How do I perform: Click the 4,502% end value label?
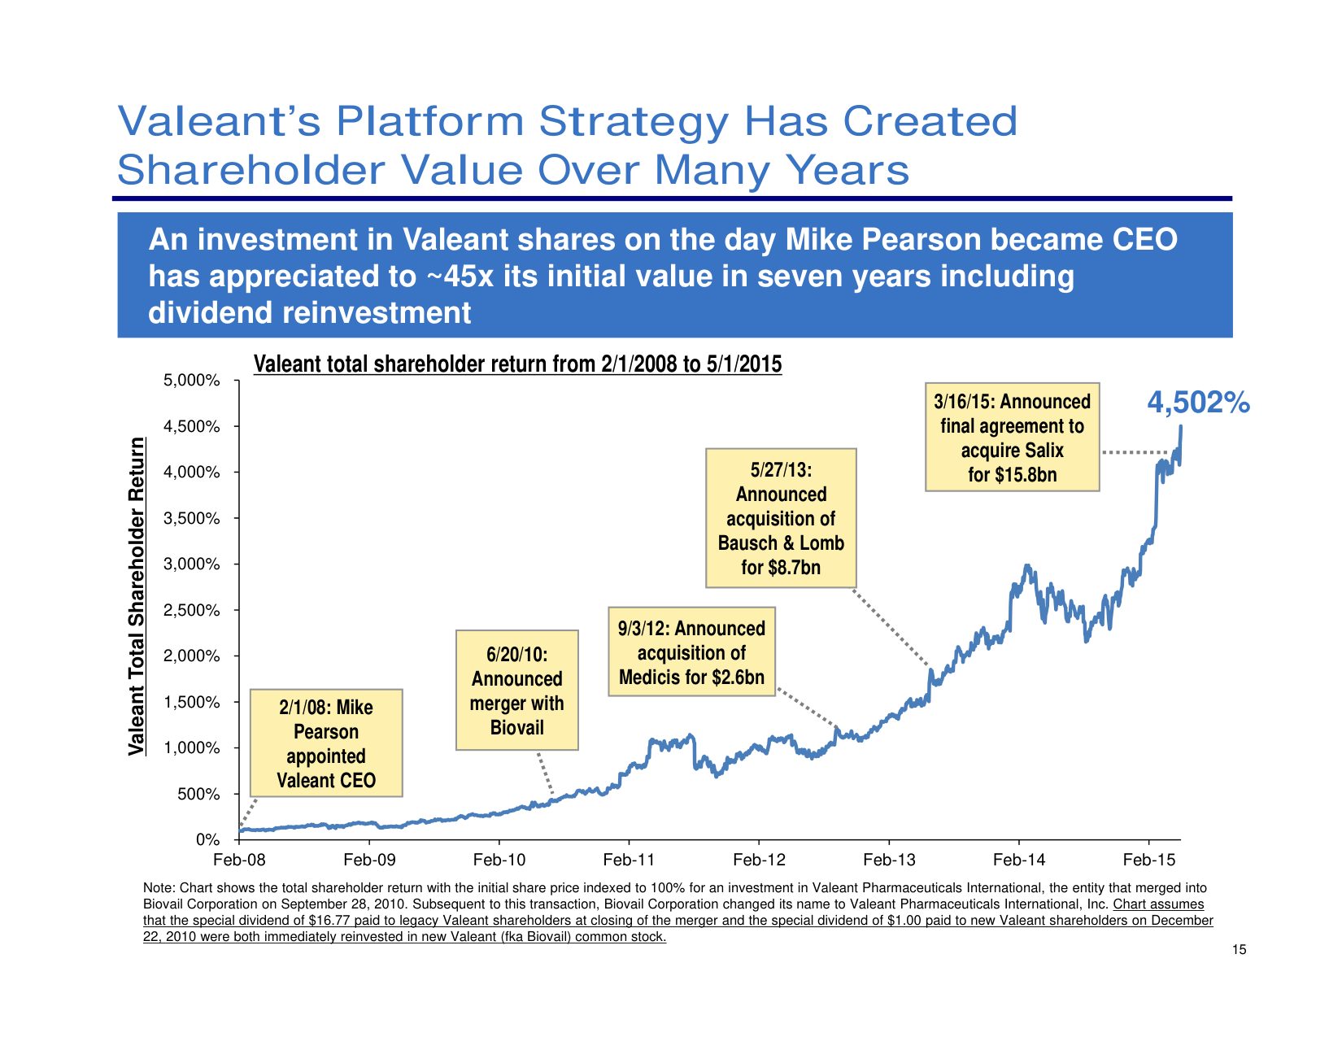pyautogui.click(x=1197, y=403)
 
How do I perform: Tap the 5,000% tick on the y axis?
pyautogui.click(x=192, y=381)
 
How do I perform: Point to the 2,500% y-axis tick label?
pyautogui.click(x=192, y=610)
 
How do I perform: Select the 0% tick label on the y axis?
pyautogui.click(x=207, y=839)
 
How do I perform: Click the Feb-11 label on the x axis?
pyautogui.click(x=629, y=861)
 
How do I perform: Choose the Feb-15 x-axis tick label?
pyautogui.click(x=1148, y=861)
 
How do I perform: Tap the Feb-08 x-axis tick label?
pyautogui.click(x=239, y=861)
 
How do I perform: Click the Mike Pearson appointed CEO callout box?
pyautogui.click(x=325, y=743)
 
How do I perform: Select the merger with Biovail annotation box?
pyautogui.click(x=516, y=691)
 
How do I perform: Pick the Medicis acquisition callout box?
pyautogui.click(x=691, y=652)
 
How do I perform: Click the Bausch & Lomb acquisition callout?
pyautogui.click(x=781, y=518)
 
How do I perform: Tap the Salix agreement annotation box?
pyautogui.click(x=1012, y=438)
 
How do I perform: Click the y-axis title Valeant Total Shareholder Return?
pyautogui.click(x=137, y=596)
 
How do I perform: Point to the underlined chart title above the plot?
pyautogui.click(x=517, y=364)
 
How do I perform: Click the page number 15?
pyautogui.click(x=1239, y=950)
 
